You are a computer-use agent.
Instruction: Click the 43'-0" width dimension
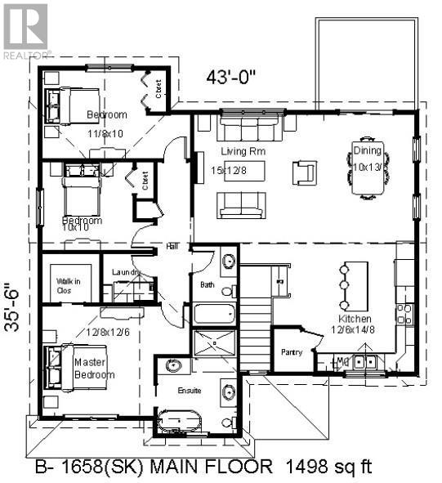[x=232, y=79]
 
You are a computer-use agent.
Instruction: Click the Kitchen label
[x=356, y=318]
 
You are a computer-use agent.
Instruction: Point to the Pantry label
[x=292, y=352]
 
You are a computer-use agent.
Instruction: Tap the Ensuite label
[x=190, y=390]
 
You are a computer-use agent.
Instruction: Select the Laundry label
[x=126, y=272]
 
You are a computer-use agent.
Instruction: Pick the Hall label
[x=172, y=245]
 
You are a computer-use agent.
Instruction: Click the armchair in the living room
[x=305, y=172]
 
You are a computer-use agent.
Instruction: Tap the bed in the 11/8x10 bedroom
[x=69, y=105]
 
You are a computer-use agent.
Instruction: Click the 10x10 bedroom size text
[x=75, y=226]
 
